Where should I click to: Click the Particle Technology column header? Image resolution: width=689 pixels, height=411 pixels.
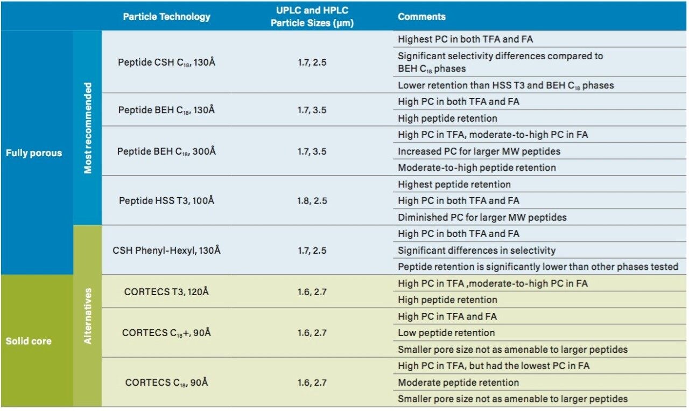(x=166, y=17)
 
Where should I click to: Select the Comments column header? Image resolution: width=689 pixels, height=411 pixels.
(x=421, y=17)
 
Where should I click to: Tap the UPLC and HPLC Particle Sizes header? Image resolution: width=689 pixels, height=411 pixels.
(x=312, y=17)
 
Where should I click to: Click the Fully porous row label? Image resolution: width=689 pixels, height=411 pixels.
(x=34, y=153)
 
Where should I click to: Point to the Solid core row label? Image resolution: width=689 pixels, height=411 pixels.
(x=28, y=341)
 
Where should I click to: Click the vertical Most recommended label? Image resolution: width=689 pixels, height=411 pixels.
(x=88, y=128)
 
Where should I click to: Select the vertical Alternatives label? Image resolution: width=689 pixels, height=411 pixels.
(x=88, y=316)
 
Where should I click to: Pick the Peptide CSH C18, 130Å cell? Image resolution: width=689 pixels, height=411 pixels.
(x=166, y=62)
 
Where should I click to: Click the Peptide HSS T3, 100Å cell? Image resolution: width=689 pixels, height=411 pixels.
(x=166, y=201)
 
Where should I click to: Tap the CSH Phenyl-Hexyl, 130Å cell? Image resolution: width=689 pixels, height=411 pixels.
(x=166, y=250)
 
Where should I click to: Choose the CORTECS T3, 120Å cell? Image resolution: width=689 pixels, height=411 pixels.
(x=166, y=292)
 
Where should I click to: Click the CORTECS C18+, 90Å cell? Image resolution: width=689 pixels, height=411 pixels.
(x=166, y=333)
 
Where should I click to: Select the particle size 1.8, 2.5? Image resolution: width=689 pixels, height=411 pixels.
(x=312, y=201)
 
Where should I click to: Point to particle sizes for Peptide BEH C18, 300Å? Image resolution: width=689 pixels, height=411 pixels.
(x=312, y=151)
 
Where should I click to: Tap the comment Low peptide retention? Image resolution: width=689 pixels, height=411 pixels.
(x=446, y=333)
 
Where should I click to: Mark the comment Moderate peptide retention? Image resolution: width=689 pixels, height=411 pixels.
(x=458, y=382)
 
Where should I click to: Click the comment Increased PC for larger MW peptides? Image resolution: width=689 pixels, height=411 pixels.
(x=477, y=151)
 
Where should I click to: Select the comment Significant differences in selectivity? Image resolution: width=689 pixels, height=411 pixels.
(x=476, y=250)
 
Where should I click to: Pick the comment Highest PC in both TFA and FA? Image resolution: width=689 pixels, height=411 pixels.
(x=466, y=39)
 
